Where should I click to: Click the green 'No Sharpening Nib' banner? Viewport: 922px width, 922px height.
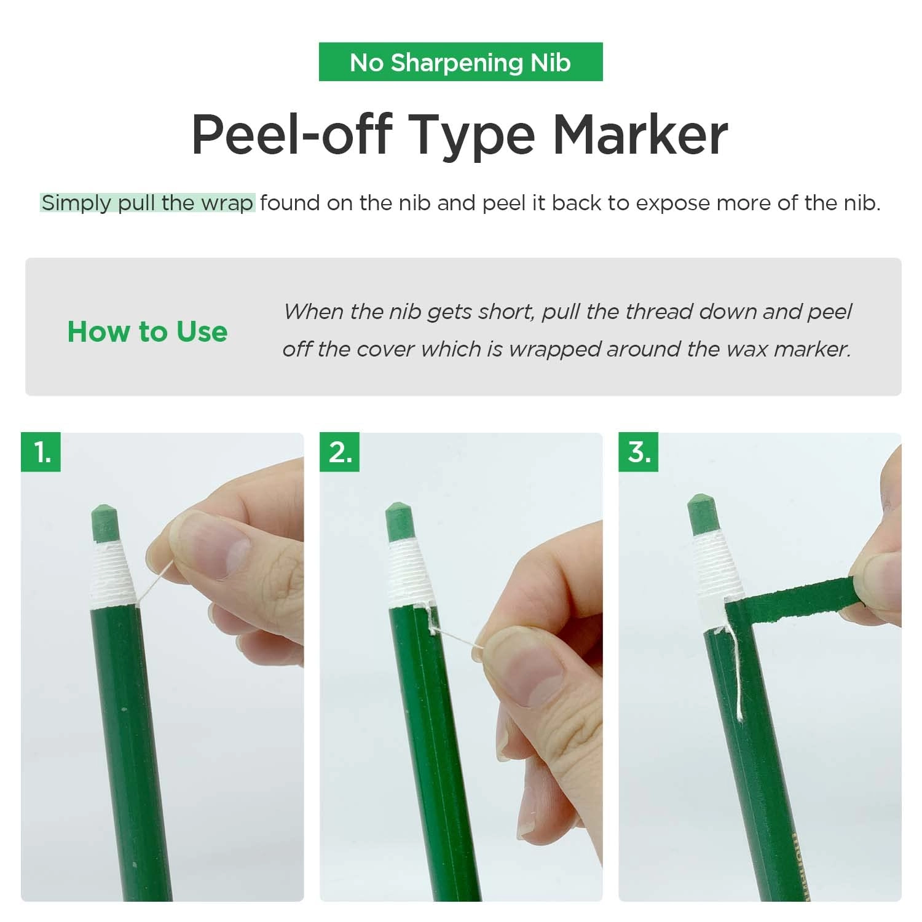click(460, 62)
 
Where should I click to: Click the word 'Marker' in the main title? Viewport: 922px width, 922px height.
click(640, 135)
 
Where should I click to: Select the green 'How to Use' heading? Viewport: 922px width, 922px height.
click(148, 332)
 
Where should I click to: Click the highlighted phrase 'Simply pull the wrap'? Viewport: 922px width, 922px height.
click(148, 203)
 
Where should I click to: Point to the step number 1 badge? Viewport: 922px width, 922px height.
click(41, 452)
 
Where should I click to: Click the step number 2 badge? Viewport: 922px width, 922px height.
click(340, 452)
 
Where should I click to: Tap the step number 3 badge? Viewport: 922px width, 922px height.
click(639, 452)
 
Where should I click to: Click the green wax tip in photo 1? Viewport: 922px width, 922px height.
click(105, 522)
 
